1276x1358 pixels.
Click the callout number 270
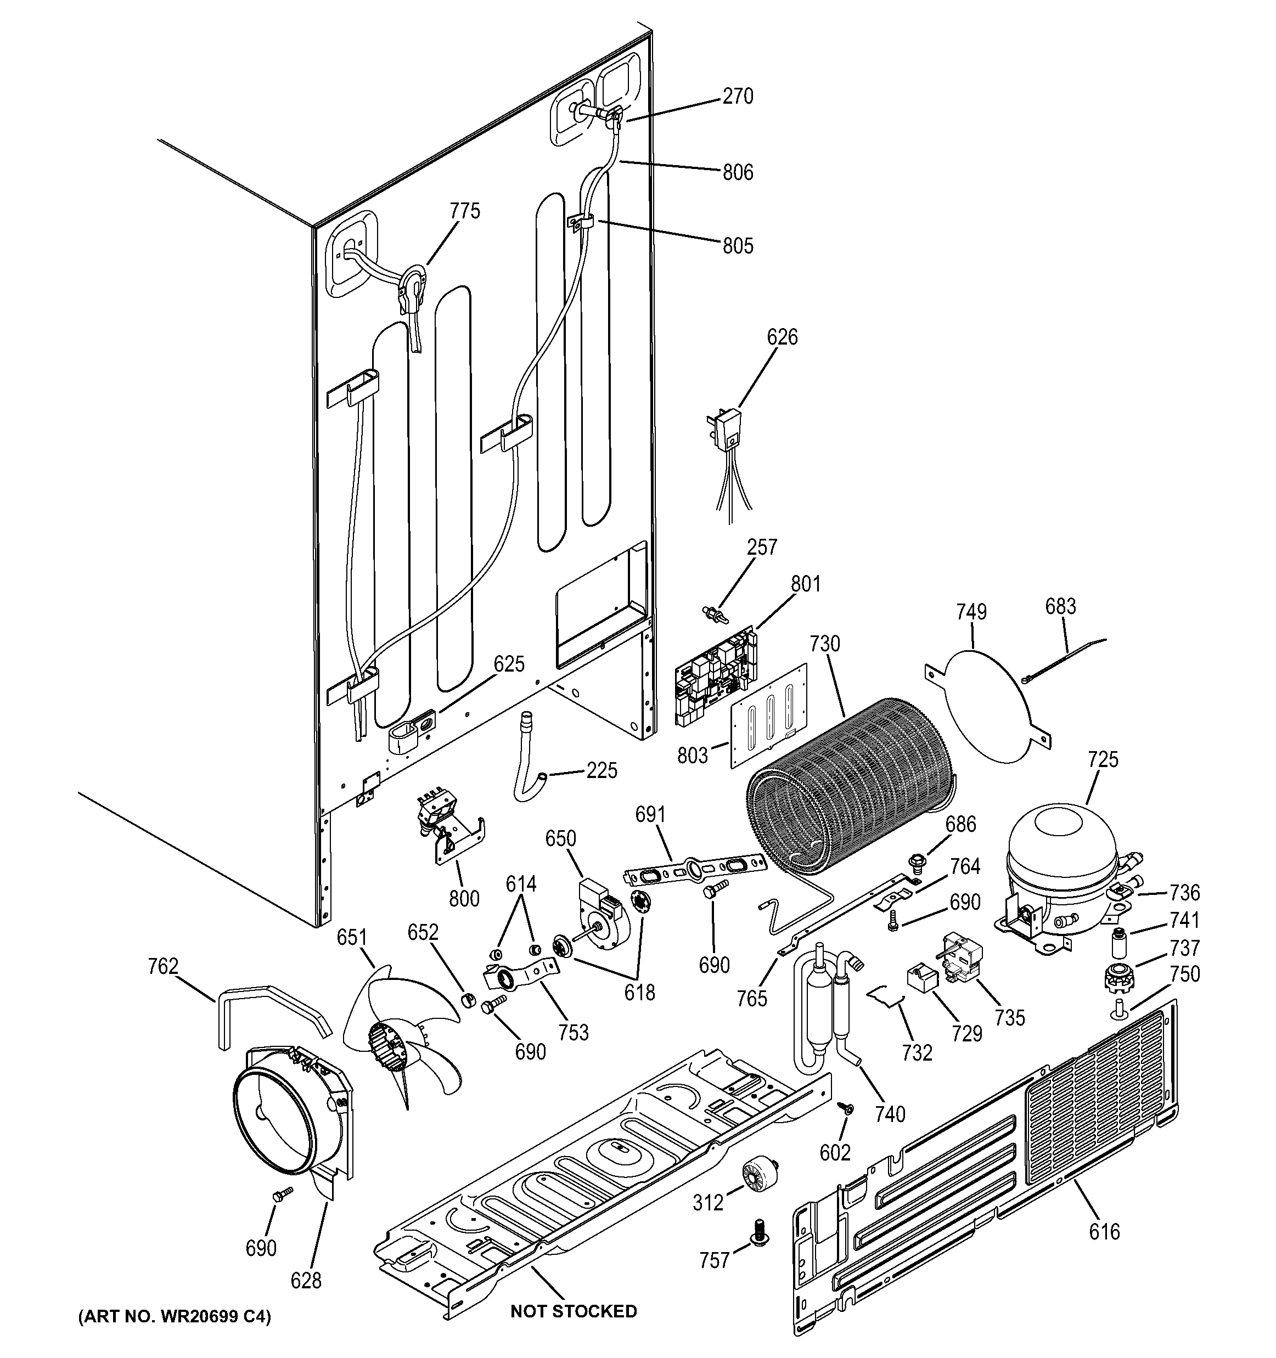point(738,97)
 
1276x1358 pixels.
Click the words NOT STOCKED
point(573,1311)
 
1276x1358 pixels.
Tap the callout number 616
point(1105,1232)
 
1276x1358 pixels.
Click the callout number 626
point(782,337)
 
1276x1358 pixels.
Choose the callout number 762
point(162,967)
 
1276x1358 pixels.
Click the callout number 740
point(890,1114)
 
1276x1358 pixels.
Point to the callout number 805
point(738,245)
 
